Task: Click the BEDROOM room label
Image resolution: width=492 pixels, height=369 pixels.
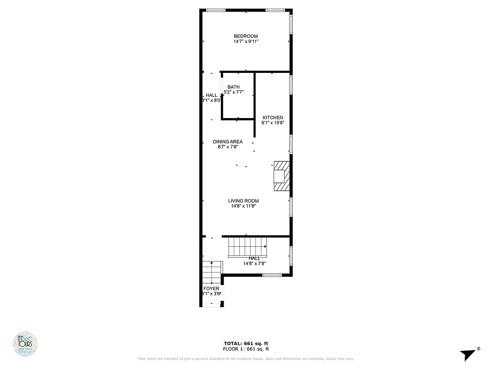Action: coord(246,36)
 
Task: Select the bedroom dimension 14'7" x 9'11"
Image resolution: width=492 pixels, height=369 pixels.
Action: coord(246,42)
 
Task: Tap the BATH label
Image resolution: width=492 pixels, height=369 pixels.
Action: coord(233,87)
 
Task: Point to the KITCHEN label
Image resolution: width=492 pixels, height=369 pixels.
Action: coord(273,118)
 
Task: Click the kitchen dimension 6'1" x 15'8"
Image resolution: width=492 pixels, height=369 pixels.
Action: coord(273,123)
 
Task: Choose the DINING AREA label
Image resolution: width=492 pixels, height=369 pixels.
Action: coord(228,142)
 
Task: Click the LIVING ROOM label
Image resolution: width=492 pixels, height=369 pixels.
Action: coord(243,201)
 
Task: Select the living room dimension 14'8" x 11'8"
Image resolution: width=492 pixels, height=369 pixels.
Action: coord(243,206)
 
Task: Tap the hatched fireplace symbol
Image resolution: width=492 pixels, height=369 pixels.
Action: coord(281,176)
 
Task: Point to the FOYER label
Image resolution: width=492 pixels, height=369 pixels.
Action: coord(212,289)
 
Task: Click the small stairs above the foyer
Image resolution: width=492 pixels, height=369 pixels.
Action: coord(212,273)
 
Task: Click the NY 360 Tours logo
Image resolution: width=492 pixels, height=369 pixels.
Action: coord(25,344)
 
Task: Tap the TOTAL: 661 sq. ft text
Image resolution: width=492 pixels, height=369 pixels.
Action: coord(246,344)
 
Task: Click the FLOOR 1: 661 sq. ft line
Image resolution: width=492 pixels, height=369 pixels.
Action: coord(246,349)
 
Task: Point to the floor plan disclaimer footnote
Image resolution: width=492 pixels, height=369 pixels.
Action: coord(246,359)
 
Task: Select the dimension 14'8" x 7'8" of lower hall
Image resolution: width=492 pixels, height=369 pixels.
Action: coord(255,264)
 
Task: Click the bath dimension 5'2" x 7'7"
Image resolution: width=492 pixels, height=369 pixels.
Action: coord(233,92)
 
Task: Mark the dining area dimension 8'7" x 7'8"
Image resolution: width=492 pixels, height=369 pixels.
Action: coord(228,147)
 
